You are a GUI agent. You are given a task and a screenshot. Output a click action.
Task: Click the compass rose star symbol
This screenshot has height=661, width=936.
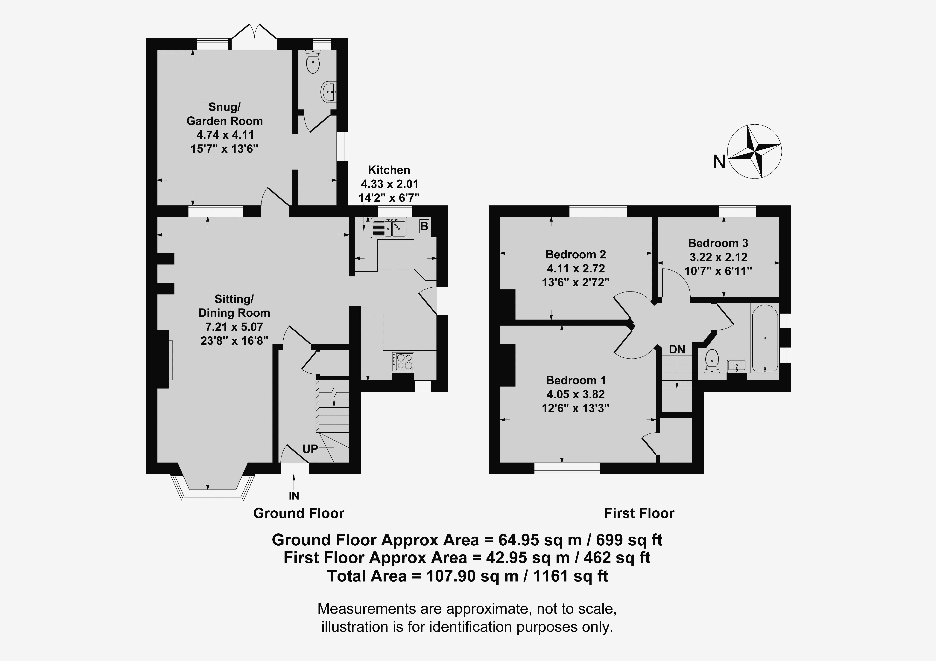(755, 151)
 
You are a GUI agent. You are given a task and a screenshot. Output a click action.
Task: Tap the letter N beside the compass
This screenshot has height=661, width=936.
(719, 162)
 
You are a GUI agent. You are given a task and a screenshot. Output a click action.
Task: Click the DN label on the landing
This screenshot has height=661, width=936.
(677, 349)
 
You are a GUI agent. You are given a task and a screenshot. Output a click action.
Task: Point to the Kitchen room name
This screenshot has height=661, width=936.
(389, 170)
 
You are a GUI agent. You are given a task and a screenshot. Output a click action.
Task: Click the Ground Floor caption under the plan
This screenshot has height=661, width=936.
(299, 513)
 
